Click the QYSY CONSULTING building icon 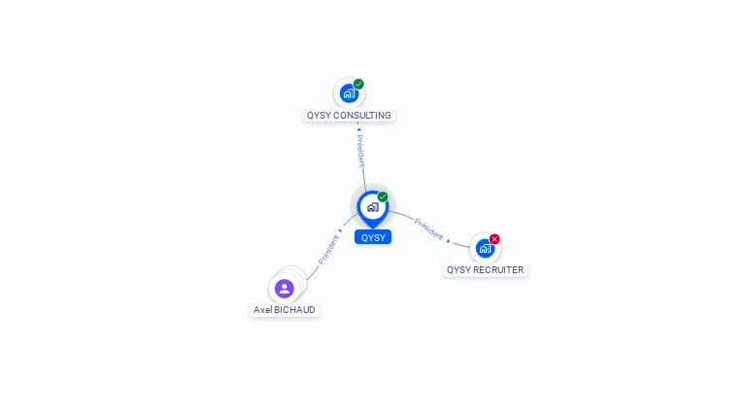pyautogui.click(x=349, y=94)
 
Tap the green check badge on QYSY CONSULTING pyautogui.click(x=358, y=85)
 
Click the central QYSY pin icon pyautogui.click(x=372, y=206)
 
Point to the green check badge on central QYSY pyautogui.click(x=383, y=196)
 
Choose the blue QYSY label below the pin pyautogui.click(x=373, y=237)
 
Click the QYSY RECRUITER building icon pyautogui.click(x=485, y=248)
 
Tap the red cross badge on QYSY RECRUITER pyautogui.click(x=494, y=239)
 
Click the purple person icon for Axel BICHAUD pyautogui.click(x=285, y=289)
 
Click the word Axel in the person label pyautogui.click(x=263, y=310)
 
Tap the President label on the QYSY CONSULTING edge pyautogui.click(x=360, y=151)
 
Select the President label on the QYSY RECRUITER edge pyautogui.click(x=428, y=229)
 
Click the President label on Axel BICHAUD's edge pyautogui.click(x=328, y=251)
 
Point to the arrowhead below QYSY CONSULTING pyautogui.click(x=358, y=128)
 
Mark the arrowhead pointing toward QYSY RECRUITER pyautogui.click(x=449, y=240)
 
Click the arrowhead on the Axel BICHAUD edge pyautogui.click(x=340, y=231)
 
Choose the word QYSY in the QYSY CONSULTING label pyautogui.click(x=320, y=116)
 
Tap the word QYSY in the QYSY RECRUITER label pyautogui.click(x=458, y=270)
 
